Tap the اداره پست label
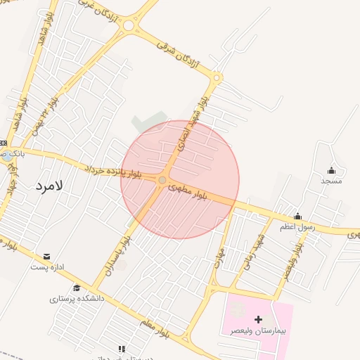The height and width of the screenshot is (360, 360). tap(47, 267)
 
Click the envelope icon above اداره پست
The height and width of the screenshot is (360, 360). tap(47, 257)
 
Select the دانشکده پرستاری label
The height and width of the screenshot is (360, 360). tap(77, 298)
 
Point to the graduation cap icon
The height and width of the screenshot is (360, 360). tap(77, 288)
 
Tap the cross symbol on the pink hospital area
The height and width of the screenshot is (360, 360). tap(258, 319)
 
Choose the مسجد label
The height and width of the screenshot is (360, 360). tap(331, 181)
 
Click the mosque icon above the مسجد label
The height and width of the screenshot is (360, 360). tap(331, 170)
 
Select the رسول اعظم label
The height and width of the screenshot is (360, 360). tap(300, 226)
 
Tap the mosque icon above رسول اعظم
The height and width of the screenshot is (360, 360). tap(299, 216)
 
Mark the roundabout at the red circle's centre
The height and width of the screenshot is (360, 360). tap(162, 181)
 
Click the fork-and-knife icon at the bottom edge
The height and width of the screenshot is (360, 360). tap(122, 349)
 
